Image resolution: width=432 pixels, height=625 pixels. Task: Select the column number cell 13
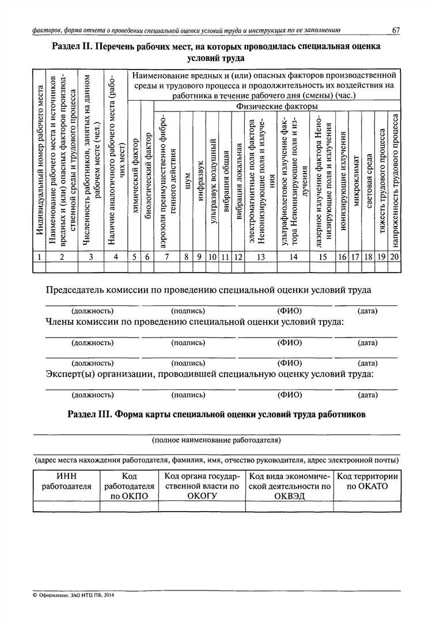tap(260, 257)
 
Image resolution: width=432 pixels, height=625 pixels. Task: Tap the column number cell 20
tap(394, 257)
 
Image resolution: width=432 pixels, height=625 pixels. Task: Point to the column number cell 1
tap(38, 257)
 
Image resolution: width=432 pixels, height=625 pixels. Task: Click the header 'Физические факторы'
tap(276, 106)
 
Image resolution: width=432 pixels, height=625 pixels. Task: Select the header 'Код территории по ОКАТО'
tap(367, 481)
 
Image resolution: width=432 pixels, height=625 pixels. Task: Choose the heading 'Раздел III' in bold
tap(216, 415)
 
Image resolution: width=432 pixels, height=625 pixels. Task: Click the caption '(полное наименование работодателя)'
tap(216, 440)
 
